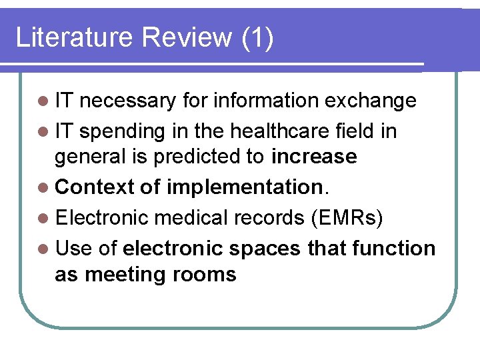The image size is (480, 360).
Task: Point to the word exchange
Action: [370, 101]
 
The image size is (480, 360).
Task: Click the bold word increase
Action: [314, 157]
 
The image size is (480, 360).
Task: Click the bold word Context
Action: [95, 187]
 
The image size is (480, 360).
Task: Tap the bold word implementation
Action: [244, 187]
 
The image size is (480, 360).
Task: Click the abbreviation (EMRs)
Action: [351, 218]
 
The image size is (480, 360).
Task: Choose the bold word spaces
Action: [265, 249]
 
